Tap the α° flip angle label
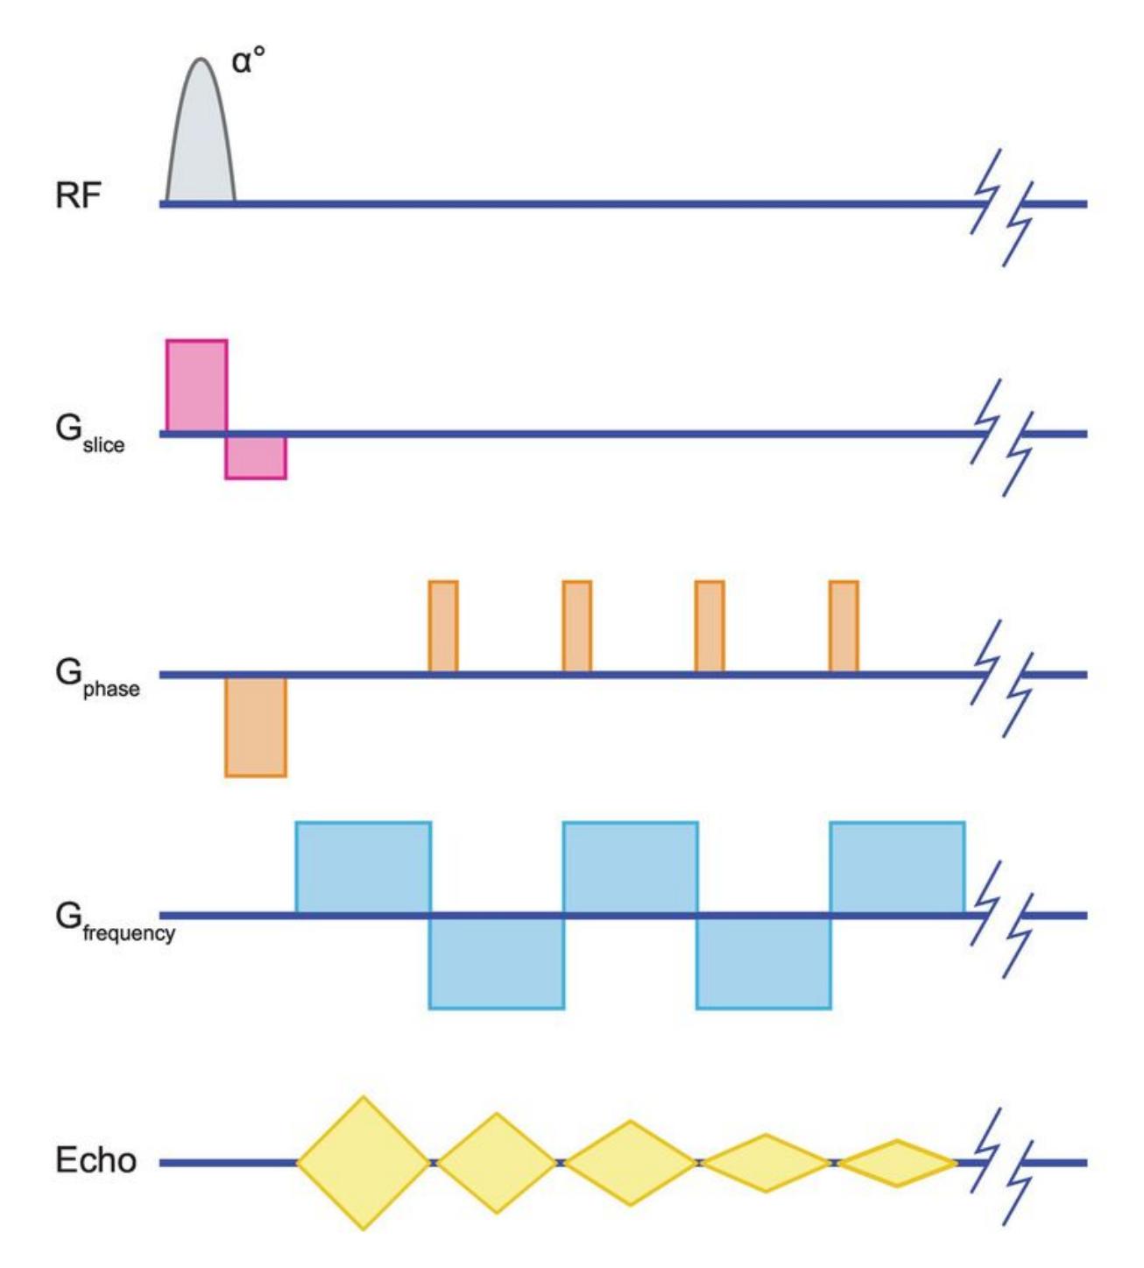coord(249,63)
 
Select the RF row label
coord(78,195)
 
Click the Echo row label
coord(95,1160)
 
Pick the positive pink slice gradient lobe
coord(197,386)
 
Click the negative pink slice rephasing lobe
coord(256,457)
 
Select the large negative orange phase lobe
coord(256,726)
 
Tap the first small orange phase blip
coord(443,626)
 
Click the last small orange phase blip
coord(844,626)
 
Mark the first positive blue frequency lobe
coord(364,868)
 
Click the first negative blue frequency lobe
coord(497,962)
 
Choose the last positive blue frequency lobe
coord(897,868)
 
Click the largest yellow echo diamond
coord(364,1163)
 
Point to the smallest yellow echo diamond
coord(898,1163)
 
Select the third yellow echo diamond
coord(631,1163)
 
